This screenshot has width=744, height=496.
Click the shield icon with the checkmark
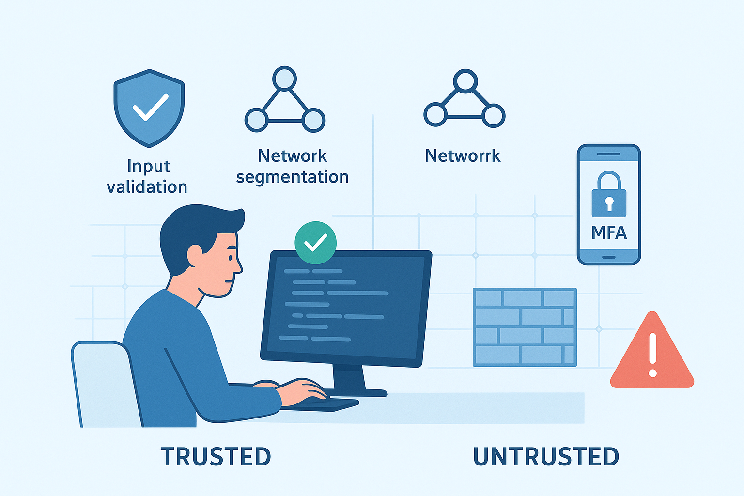point(149,108)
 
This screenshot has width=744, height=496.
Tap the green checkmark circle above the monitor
point(315,243)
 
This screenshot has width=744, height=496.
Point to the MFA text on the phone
point(609,233)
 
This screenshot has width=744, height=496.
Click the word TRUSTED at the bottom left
point(216,457)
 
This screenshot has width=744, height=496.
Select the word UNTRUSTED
point(546,457)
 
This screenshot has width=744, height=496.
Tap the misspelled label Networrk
point(463,156)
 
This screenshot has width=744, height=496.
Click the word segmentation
point(292,177)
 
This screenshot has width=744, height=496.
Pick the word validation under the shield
point(147,187)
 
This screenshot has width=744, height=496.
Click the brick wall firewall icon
point(524,327)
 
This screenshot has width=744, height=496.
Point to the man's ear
point(195,255)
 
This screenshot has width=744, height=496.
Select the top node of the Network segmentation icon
point(284,78)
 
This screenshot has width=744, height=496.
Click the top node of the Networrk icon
point(465,81)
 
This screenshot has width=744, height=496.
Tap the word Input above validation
point(148,166)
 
